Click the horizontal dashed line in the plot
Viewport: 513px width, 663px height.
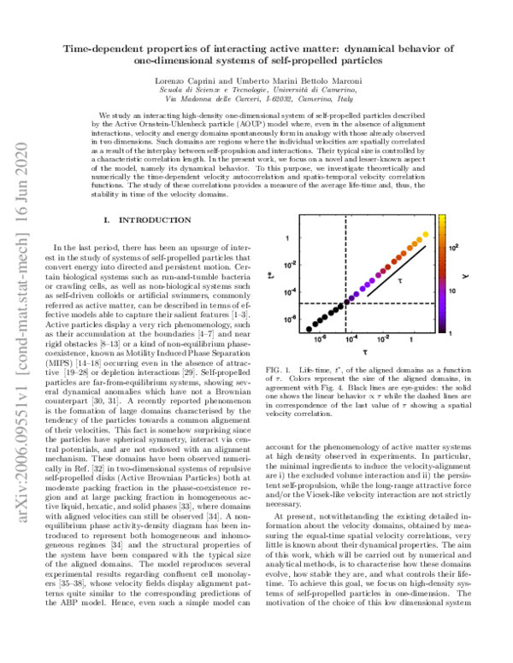click(359, 303)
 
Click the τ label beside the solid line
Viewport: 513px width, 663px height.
click(402, 279)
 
